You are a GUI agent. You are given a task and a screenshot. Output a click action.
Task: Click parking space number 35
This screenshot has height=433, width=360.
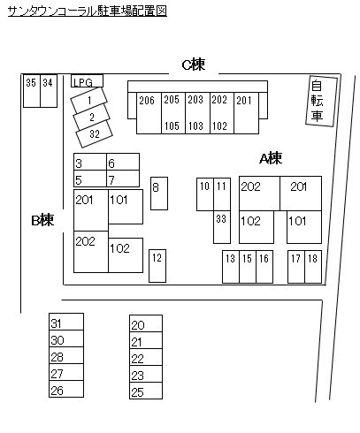(x=32, y=91)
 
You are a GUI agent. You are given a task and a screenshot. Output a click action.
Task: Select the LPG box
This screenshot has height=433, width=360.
(x=87, y=80)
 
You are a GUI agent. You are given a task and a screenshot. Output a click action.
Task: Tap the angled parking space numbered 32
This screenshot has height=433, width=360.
(x=94, y=134)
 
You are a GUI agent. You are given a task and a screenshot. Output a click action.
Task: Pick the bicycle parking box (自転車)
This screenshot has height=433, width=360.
(x=321, y=102)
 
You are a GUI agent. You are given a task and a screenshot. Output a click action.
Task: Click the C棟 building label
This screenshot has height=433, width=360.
(x=194, y=65)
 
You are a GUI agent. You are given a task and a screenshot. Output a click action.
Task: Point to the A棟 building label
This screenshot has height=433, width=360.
(x=271, y=158)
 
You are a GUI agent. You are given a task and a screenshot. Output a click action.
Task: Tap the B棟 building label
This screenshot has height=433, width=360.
(x=42, y=220)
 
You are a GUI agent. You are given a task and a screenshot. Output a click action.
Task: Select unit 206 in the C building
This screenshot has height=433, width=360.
(x=149, y=113)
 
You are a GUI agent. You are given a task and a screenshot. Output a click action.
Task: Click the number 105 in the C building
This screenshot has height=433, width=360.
(x=172, y=126)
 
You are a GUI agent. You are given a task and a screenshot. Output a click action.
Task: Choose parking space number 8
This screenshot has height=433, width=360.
(x=159, y=194)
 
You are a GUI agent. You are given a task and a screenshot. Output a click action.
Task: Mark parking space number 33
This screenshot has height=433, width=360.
(x=222, y=227)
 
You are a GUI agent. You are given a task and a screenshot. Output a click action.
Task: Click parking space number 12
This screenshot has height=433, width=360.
(x=157, y=266)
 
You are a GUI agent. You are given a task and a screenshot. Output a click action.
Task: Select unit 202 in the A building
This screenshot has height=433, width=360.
(x=259, y=194)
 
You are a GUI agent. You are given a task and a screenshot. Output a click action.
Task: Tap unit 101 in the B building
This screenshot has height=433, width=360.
(x=126, y=207)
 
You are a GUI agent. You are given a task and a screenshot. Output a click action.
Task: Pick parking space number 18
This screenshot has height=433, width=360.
(x=313, y=267)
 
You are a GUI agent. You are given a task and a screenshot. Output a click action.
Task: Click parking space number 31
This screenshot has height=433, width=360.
(x=66, y=322)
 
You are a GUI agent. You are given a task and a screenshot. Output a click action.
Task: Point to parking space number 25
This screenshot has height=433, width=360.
(x=146, y=391)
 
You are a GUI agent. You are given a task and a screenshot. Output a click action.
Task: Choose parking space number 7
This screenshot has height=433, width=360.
(x=123, y=179)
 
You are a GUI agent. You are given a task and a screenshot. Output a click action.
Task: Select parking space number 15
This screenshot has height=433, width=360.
(x=248, y=267)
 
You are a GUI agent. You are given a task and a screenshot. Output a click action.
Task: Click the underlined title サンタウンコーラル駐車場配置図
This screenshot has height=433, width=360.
(x=88, y=11)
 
